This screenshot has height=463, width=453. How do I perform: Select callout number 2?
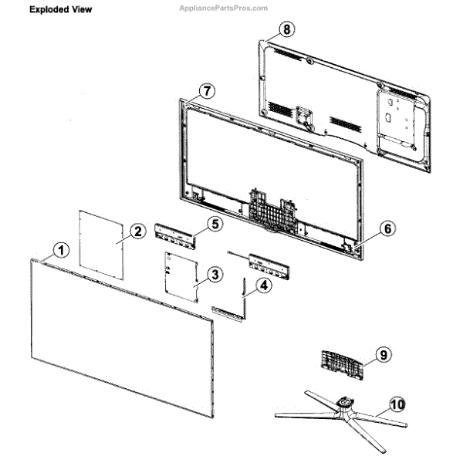click(136, 231)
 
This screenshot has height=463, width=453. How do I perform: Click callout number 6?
click(387, 229)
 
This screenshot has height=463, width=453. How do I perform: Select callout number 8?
click(286, 30)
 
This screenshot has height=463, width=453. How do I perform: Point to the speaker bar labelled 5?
click(176, 234)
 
